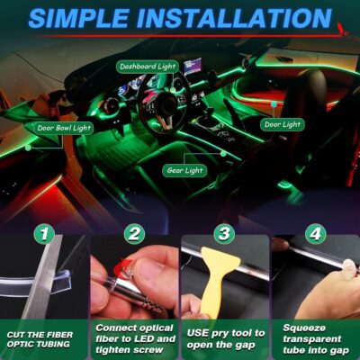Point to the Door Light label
tap(283, 124)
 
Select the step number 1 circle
tap(44, 234)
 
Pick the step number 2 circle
tap(134, 234)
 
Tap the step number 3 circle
tap(225, 234)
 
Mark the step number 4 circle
tap(315, 234)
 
